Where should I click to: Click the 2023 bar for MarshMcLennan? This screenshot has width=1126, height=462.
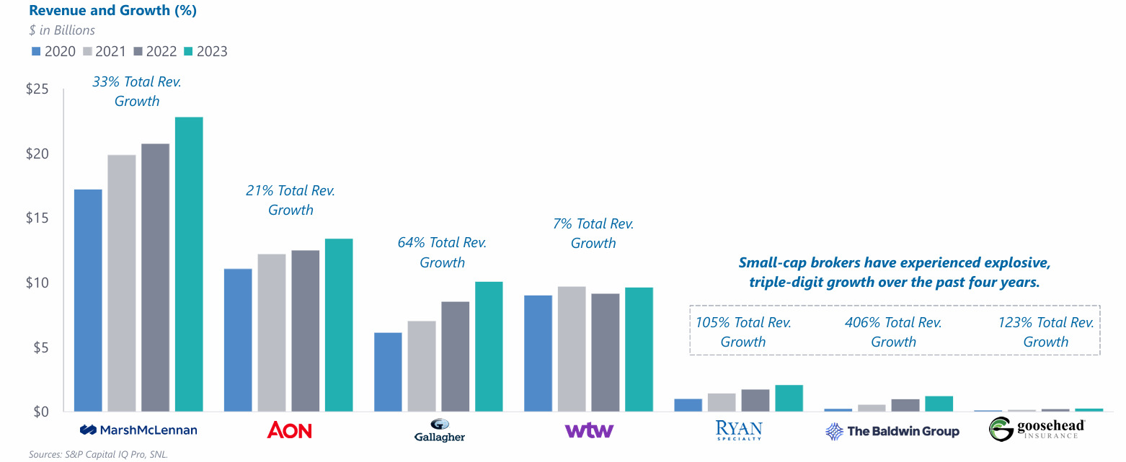tap(189, 264)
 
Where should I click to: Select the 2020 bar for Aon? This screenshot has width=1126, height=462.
tap(238, 339)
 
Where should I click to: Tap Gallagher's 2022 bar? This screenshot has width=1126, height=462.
tap(456, 356)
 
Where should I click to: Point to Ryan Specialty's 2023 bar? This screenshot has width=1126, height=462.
tap(789, 398)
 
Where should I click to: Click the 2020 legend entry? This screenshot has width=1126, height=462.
tap(53, 51)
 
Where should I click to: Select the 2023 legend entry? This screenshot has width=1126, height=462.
tap(205, 51)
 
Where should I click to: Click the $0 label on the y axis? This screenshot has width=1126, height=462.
tap(39, 412)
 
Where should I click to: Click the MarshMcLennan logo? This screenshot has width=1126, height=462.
tap(138, 430)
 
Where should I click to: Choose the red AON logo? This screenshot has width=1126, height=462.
tap(289, 430)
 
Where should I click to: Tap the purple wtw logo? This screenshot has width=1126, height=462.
tap(589, 430)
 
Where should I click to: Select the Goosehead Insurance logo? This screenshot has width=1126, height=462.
tap(1037, 430)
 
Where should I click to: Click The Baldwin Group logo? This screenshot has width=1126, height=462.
tap(892, 431)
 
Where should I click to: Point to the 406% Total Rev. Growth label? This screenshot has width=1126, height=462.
tap(893, 332)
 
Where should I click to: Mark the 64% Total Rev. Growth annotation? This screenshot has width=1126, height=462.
tap(442, 252)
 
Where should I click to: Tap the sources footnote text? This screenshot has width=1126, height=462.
tap(98, 454)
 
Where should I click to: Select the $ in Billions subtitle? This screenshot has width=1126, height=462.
tap(62, 30)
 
